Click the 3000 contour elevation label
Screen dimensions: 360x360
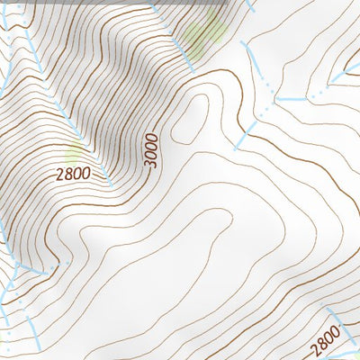[150, 149]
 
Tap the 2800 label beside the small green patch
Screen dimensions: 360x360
[71, 173]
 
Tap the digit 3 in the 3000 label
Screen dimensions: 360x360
[150, 164]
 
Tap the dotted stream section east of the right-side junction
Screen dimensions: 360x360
[315, 92]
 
